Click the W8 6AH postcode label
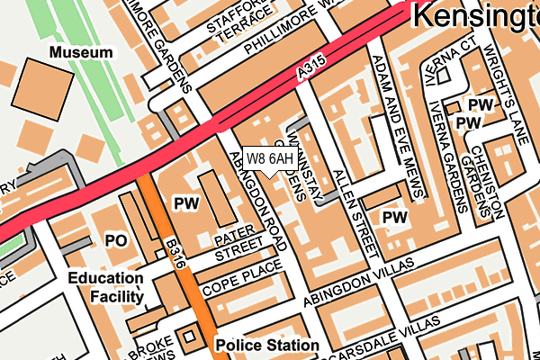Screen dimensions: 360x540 tap(270, 159)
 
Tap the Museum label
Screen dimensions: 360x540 tap(81, 53)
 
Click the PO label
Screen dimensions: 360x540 tap(117, 241)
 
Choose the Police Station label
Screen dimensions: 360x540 tap(266, 345)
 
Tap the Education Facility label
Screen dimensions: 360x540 tap(105, 287)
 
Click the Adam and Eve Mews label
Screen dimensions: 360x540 tap(396, 126)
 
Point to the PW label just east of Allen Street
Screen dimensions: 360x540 tap(394, 217)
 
